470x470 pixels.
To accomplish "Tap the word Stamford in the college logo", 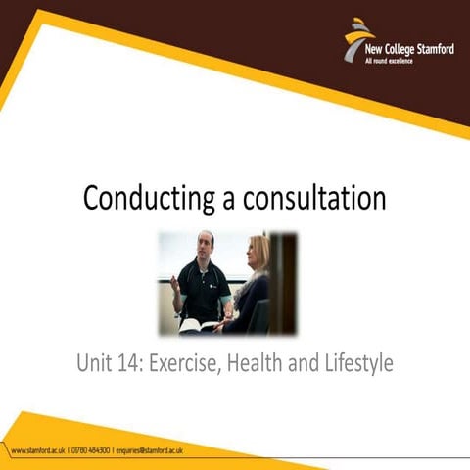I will (433, 50).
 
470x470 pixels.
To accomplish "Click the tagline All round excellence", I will (390, 62).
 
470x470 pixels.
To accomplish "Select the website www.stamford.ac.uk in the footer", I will (37, 450).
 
